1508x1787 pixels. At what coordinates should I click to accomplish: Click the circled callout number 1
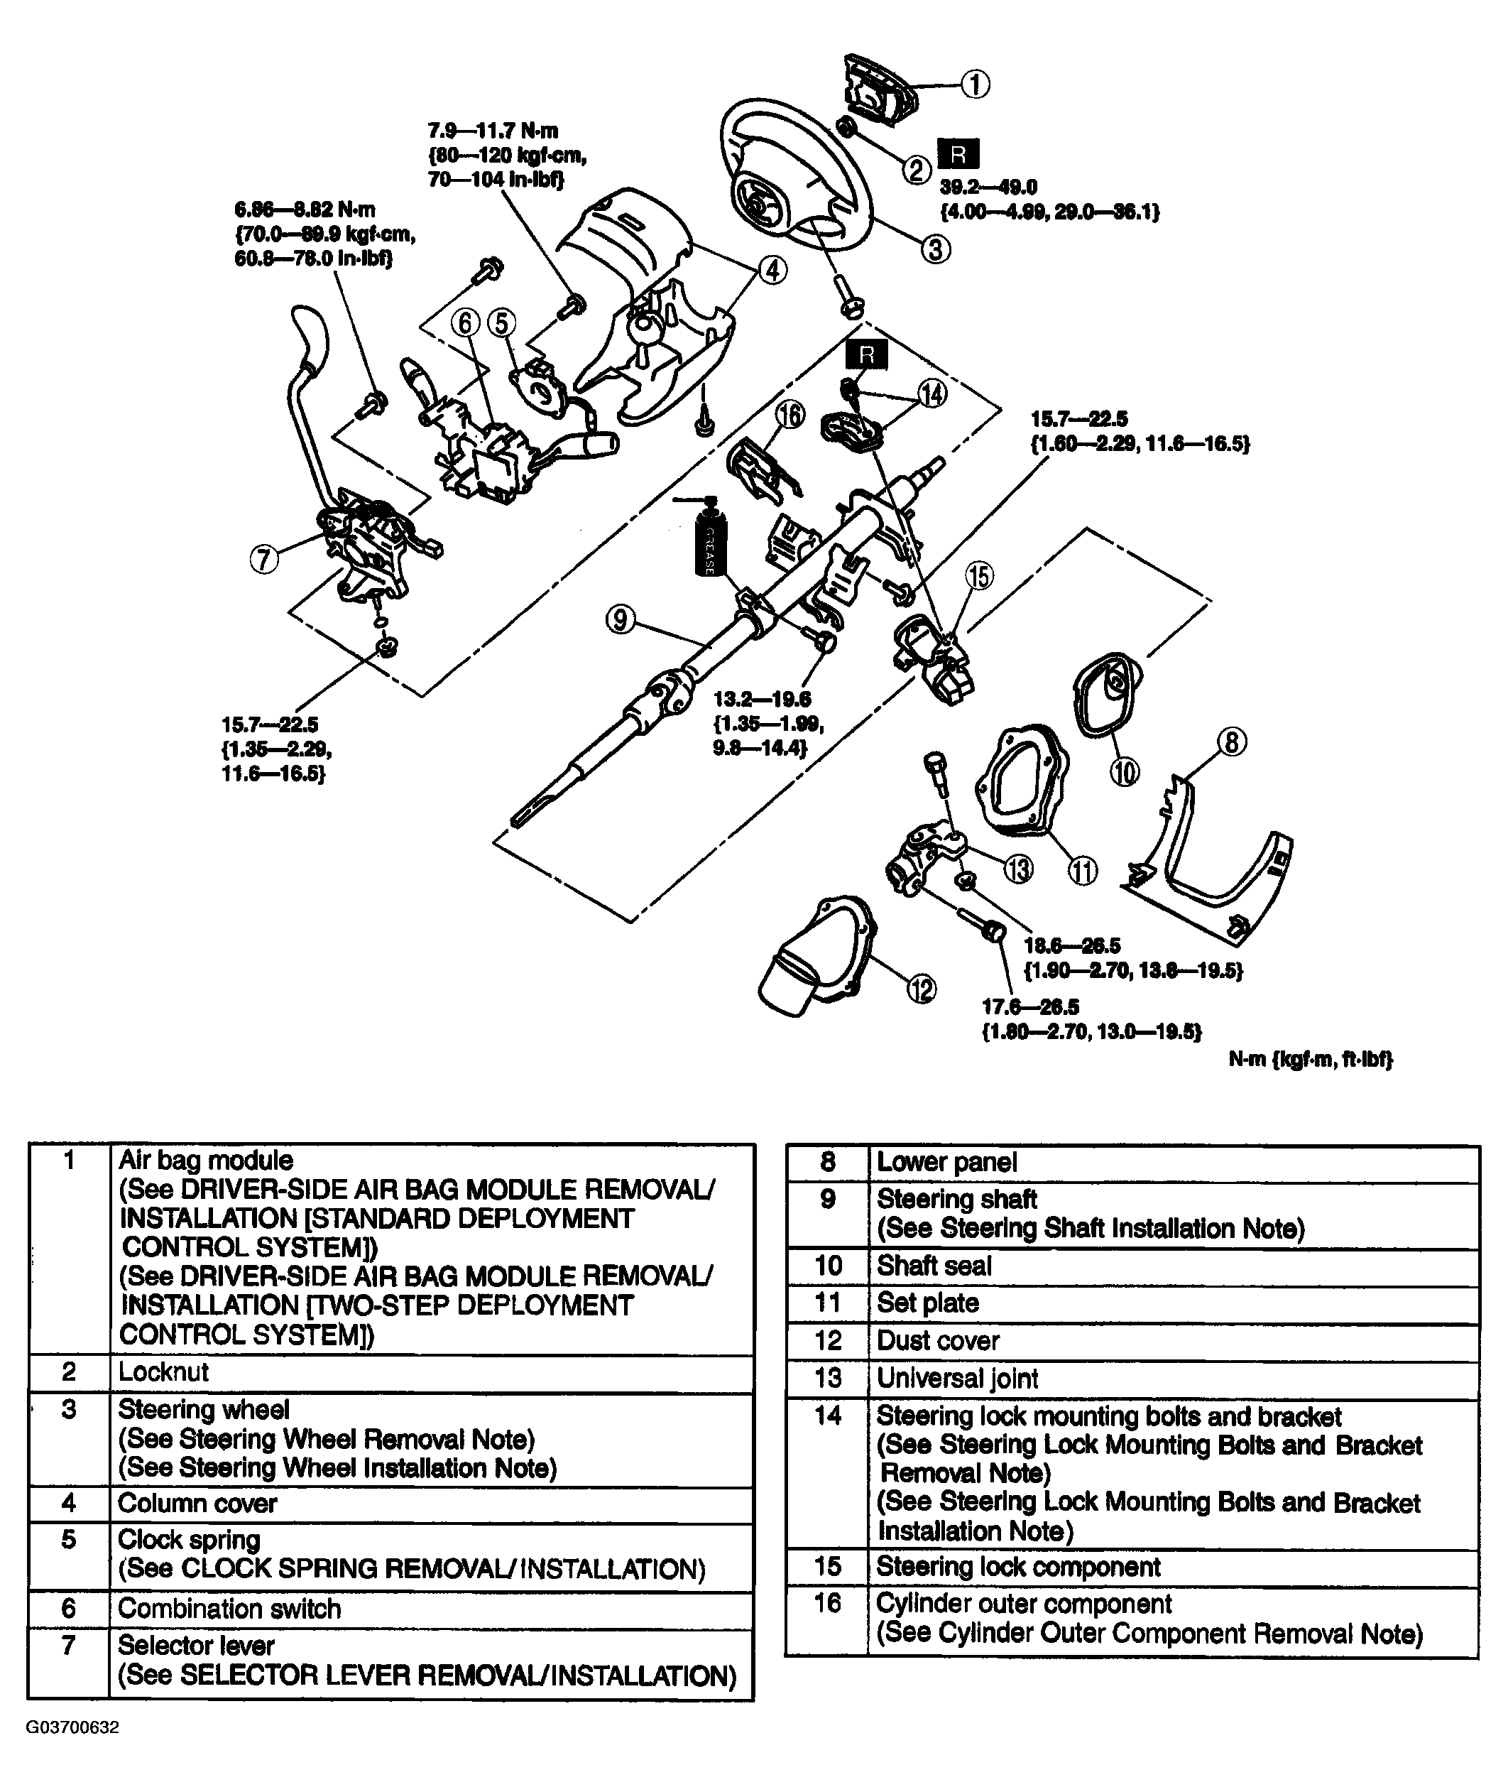coord(976,85)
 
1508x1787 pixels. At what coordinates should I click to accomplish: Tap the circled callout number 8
coord(1232,741)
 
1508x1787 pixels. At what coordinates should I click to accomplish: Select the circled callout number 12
coord(922,989)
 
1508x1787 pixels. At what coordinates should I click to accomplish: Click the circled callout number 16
coord(790,415)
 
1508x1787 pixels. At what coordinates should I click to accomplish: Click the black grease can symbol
coord(709,541)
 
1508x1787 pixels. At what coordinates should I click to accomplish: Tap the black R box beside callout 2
coord(958,155)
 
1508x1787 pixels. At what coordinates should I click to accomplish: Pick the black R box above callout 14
coord(867,354)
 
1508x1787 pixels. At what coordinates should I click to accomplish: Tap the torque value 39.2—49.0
coord(988,188)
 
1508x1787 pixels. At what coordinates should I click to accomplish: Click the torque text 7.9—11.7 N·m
coord(493,131)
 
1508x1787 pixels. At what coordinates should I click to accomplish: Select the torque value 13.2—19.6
coord(762,700)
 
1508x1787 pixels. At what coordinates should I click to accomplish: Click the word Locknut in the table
coord(163,1372)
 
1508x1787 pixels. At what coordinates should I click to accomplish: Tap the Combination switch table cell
coord(229,1608)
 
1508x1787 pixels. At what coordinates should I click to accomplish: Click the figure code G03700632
coord(72,1727)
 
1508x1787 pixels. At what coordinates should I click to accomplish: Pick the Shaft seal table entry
coord(934,1266)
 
